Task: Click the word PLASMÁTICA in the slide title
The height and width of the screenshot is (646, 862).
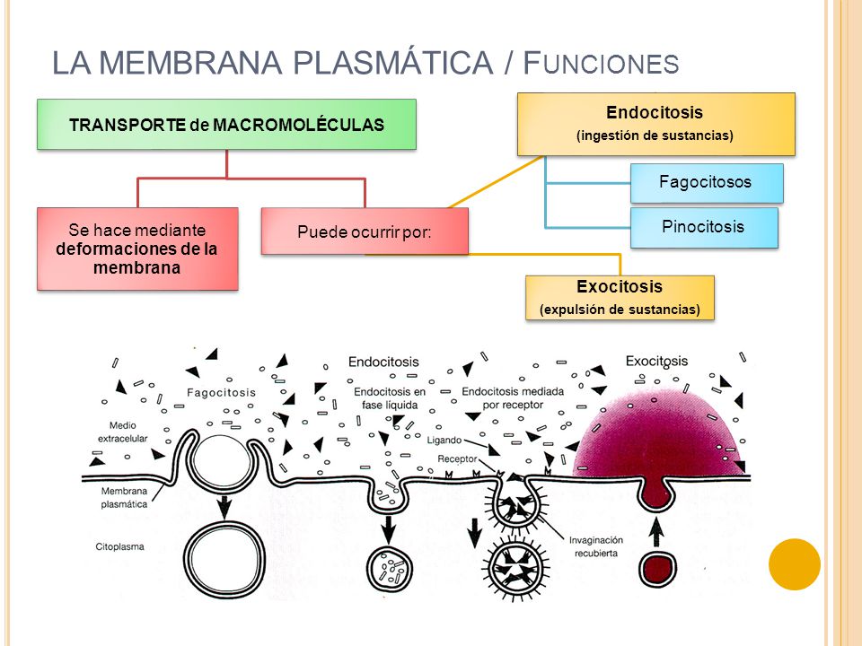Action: pyautogui.click(x=392, y=62)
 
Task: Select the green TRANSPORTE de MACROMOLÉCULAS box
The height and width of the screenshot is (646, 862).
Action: pyautogui.click(x=226, y=124)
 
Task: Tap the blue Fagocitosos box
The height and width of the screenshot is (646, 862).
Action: pyautogui.click(x=707, y=183)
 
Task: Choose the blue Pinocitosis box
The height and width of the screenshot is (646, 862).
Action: pyautogui.click(x=704, y=227)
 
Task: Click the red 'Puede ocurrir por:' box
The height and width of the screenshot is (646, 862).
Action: pyautogui.click(x=365, y=231)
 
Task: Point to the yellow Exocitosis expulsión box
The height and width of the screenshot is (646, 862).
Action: pyautogui.click(x=620, y=298)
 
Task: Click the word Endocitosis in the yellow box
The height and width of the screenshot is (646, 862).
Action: pyautogui.click(x=655, y=113)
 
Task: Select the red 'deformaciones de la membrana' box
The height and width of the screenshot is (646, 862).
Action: pyautogui.click(x=137, y=249)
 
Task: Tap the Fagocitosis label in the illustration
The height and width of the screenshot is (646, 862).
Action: pyautogui.click(x=221, y=393)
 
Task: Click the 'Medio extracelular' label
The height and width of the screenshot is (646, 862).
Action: pyautogui.click(x=123, y=432)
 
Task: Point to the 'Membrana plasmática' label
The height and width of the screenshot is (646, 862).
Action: pyautogui.click(x=124, y=498)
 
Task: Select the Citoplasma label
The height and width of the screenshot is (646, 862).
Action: pyautogui.click(x=119, y=546)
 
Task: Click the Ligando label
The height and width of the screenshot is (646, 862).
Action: pyautogui.click(x=444, y=440)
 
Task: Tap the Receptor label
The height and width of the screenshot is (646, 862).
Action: pyautogui.click(x=457, y=458)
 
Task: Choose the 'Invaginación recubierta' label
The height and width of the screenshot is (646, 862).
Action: pyautogui.click(x=596, y=546)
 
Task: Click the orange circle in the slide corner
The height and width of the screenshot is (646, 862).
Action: pyautogui.click(x=795, y=564)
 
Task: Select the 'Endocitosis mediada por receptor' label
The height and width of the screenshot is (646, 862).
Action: pyautogui.click(x=513, y=398)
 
